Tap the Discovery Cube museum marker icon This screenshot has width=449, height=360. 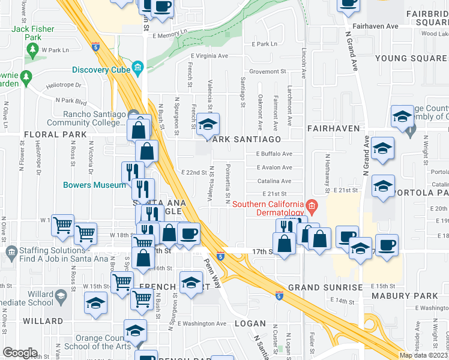pos(139,66)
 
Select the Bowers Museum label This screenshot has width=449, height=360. pos(95,185)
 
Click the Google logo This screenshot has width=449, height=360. pos(20,353)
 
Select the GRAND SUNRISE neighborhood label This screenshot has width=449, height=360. pos(325,287)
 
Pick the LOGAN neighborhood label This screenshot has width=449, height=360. pos(249,323)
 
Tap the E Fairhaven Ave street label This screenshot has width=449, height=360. pos(376,26)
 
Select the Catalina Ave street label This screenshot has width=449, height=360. pos(274,181)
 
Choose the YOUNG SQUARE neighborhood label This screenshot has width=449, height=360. pos(411,58)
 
